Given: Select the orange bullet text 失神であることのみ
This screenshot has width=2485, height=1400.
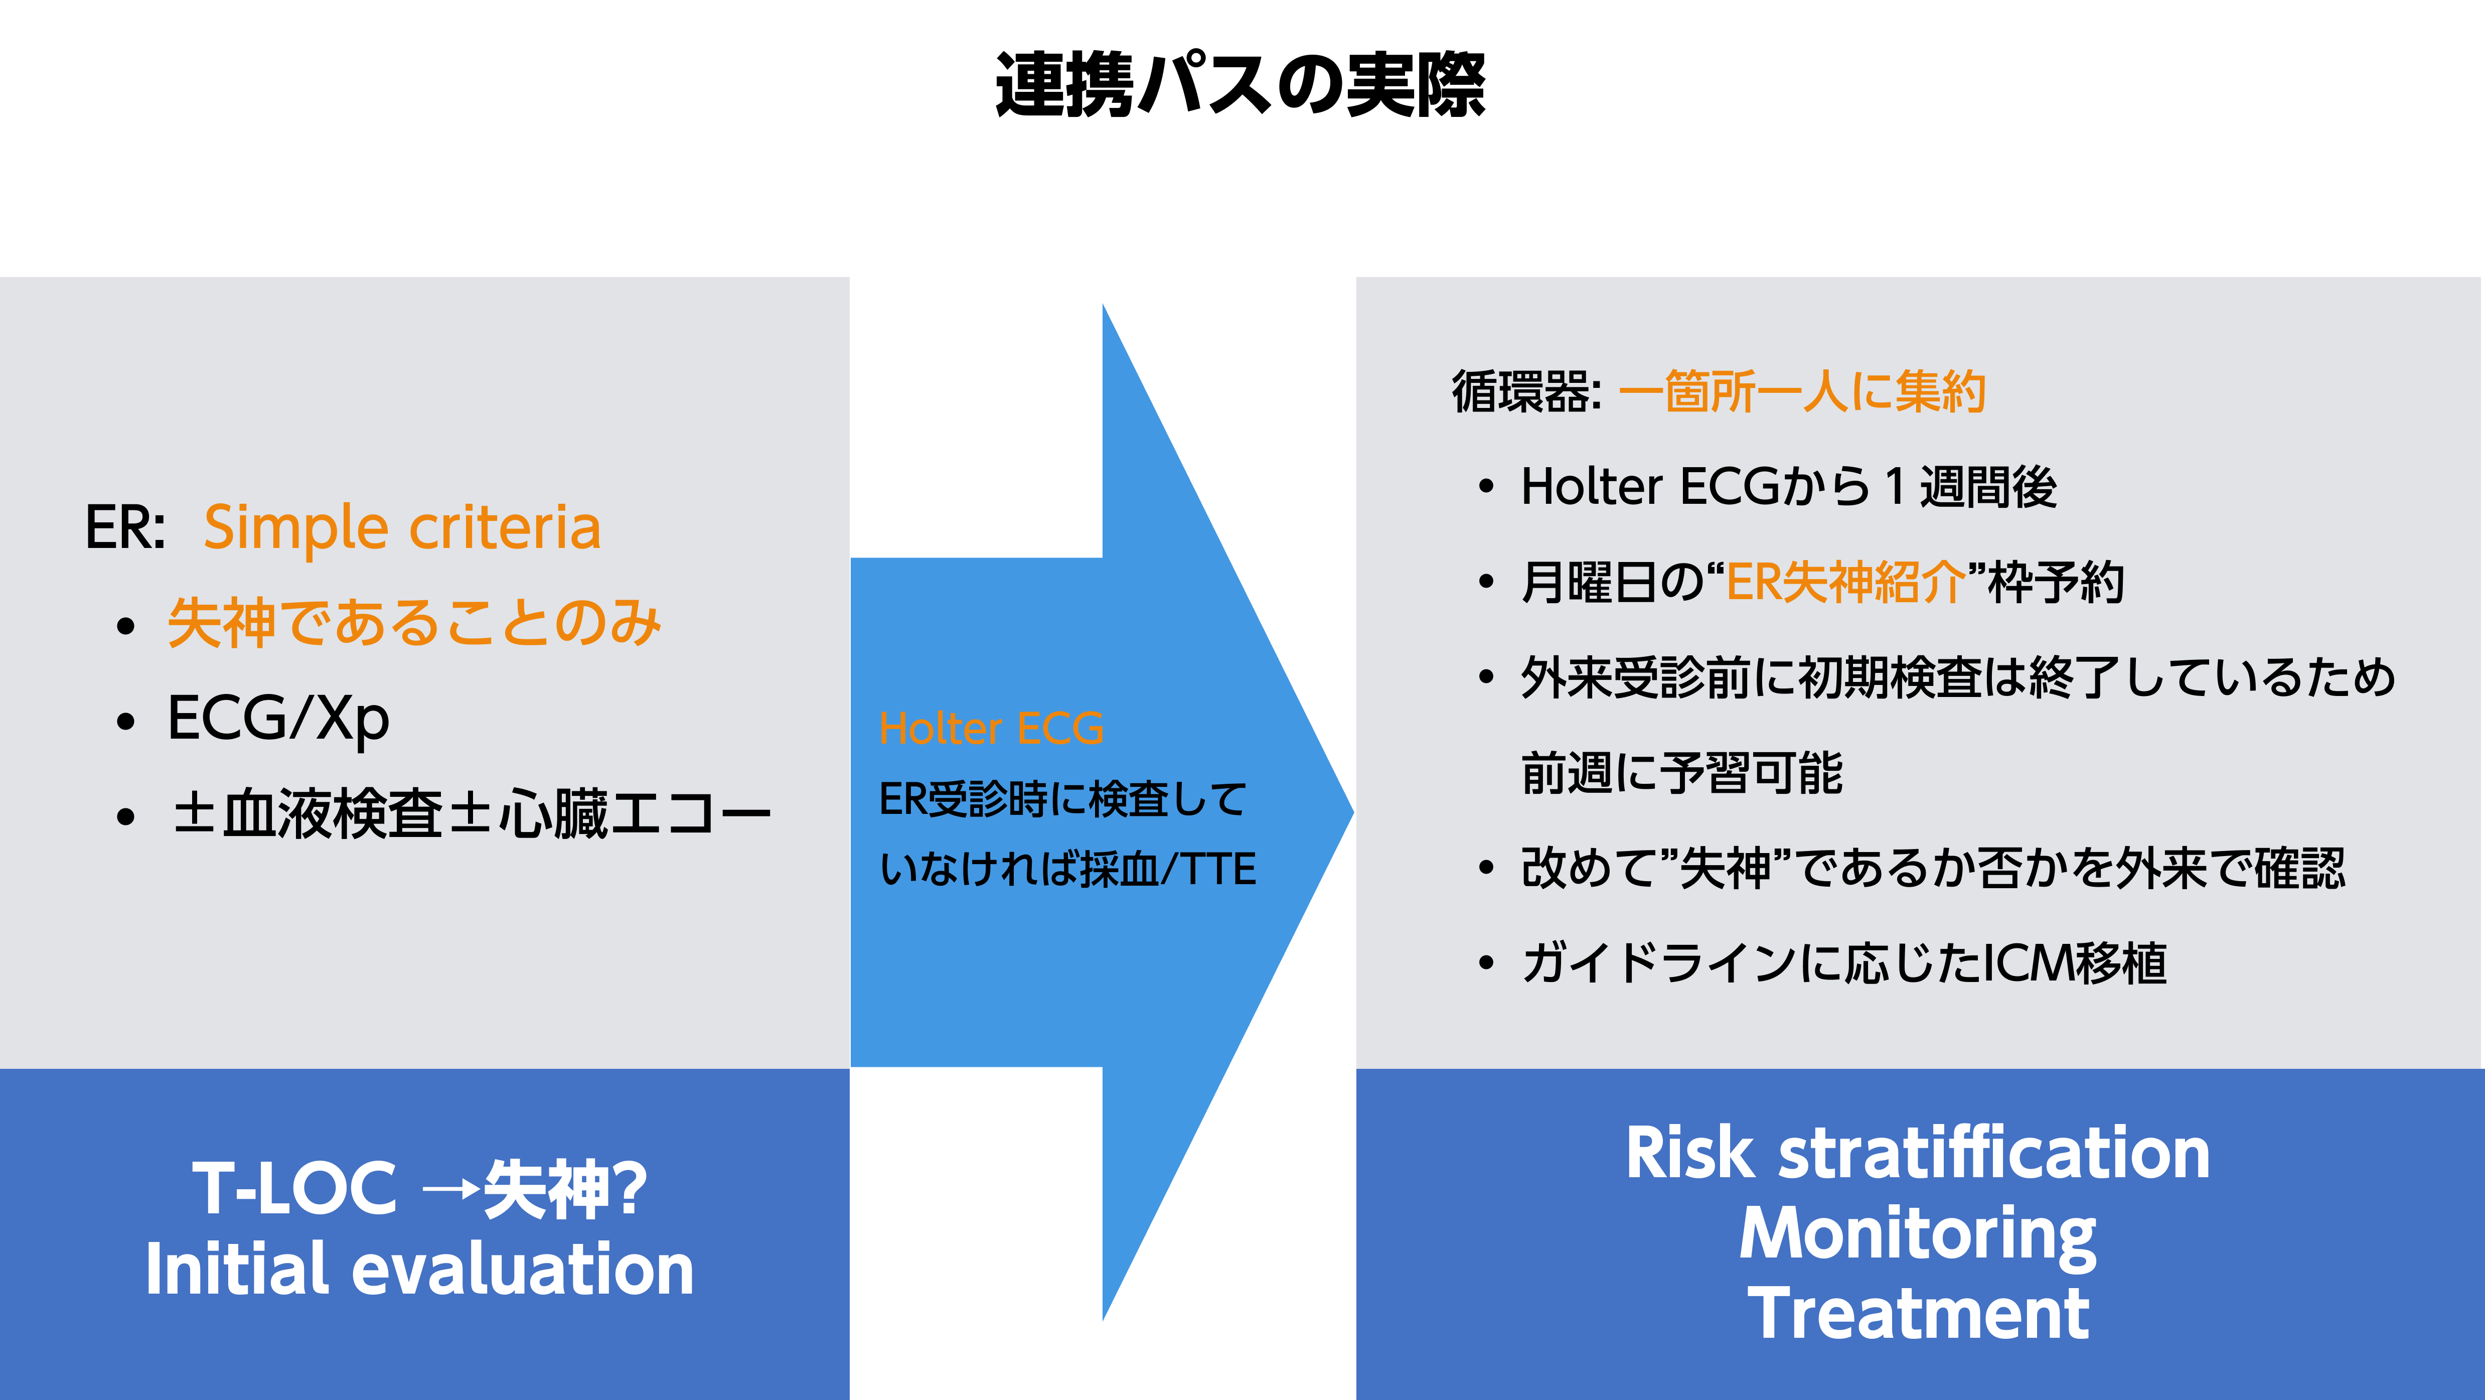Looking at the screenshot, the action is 415,622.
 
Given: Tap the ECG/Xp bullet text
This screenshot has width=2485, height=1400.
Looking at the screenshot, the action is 278,719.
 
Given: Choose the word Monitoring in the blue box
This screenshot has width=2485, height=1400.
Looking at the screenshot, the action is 1918,1235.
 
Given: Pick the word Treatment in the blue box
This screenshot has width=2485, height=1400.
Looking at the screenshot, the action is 1918,1313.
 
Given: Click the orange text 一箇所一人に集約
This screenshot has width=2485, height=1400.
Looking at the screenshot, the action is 1802,392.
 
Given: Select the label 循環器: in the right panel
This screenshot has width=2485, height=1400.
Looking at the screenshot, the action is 1527,392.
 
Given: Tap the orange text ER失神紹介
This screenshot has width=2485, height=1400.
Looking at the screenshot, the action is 1844,582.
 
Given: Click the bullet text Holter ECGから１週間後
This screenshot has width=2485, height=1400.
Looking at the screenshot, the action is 1788,486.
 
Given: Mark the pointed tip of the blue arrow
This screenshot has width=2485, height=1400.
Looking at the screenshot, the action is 1353,812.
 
